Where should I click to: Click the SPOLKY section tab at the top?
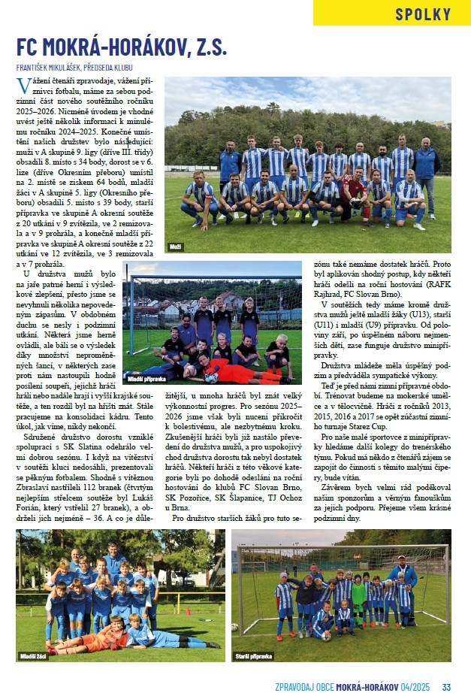pos(423,14)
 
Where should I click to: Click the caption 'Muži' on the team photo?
pos(174,246)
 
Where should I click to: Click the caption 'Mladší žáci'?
pos(33,656)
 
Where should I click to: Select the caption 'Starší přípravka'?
pos(254,656)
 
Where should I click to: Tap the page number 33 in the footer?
pos(446,685)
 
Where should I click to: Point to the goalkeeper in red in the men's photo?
pos(352,196)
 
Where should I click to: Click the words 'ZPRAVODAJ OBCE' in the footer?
pos(302,685)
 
